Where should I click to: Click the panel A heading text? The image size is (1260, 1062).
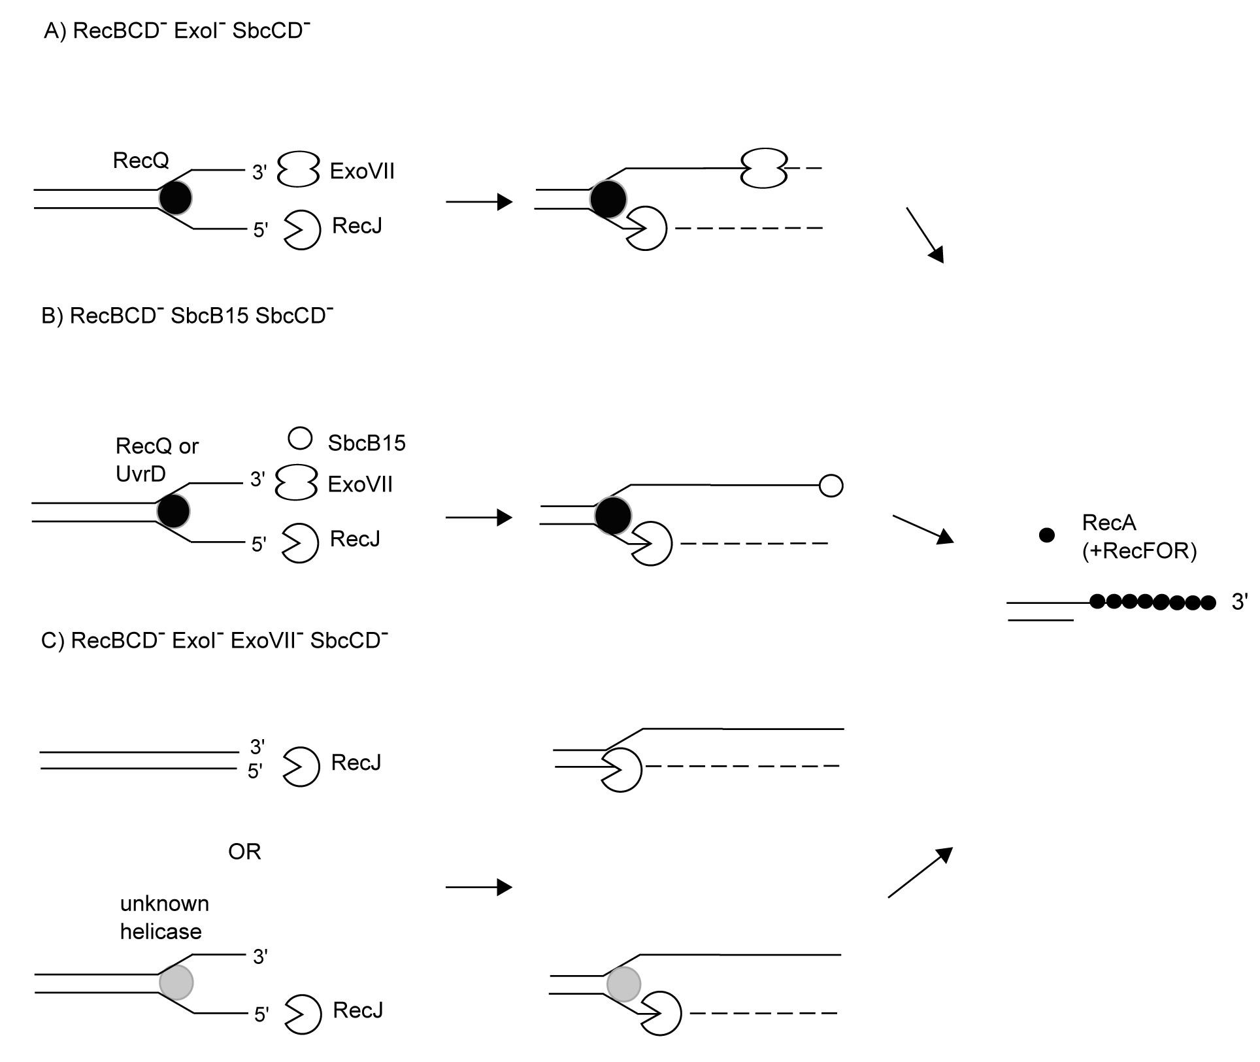tap(176, 31)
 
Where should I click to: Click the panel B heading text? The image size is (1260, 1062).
tap(187, 316)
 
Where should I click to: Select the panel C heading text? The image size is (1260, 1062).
tap(214, 640)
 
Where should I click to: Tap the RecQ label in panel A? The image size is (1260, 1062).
tap(141, 160)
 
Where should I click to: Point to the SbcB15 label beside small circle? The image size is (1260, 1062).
tap(367, 443)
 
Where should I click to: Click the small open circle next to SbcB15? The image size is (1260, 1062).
tap(300, 439)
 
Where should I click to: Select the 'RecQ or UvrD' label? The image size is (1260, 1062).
tap(157, 459)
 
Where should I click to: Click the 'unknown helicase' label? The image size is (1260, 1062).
tap(164, 917)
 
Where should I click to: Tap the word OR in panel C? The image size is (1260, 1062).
tap(244, 852)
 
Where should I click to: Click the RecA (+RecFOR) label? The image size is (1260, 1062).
tap(1139, 537)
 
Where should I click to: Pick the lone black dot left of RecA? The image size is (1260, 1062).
tap(1047, 535)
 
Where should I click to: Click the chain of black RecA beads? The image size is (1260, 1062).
tap(1152, 602)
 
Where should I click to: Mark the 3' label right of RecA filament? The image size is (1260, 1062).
tap(1239, 602)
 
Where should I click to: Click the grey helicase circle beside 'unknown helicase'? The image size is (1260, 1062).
tap(176, 982)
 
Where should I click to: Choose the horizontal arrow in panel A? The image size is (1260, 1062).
tap(479, 202)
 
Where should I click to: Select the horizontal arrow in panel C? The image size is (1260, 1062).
tap(479, 887)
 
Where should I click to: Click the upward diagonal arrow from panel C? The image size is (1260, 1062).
tap(920, 872)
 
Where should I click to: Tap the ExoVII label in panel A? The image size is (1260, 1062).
tap(362, 171)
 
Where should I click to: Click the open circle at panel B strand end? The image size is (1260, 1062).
tap(831, 486)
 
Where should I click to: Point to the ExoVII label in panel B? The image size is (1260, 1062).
tap(360, 484)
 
